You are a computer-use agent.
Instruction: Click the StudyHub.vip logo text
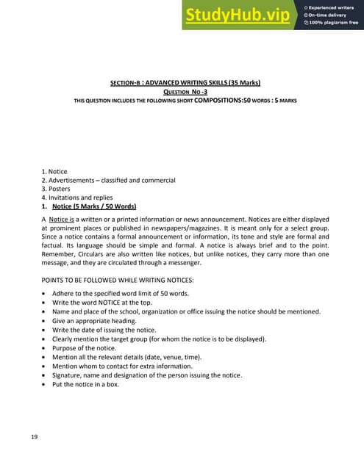coord(238,15)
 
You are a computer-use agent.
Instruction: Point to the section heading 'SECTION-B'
coord(121,82)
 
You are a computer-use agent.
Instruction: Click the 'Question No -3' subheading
coord(182,92)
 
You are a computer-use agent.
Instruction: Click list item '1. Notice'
coord(54,172)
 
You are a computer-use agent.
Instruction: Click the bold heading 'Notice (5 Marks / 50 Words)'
coord(93,206)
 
